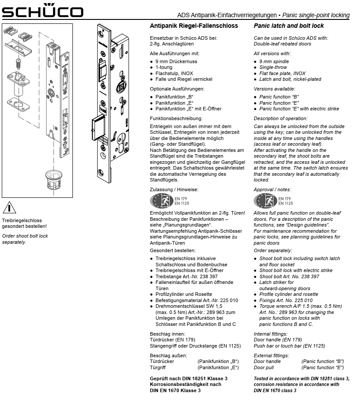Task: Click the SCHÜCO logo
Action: (42, 11)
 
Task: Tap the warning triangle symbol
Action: (9, 207)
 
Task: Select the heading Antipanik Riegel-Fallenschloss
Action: (194, 26)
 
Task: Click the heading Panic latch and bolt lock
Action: (288, 26)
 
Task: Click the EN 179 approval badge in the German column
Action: (162, 200)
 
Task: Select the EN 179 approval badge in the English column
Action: (265, 200)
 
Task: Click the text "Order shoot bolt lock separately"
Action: (25, 239)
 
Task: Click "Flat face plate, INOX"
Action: (282, 73)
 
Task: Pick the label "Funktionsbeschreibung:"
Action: (176, 118)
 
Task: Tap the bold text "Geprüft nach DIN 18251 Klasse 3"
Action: (189, 379)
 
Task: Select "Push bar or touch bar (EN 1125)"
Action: (289, 346)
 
